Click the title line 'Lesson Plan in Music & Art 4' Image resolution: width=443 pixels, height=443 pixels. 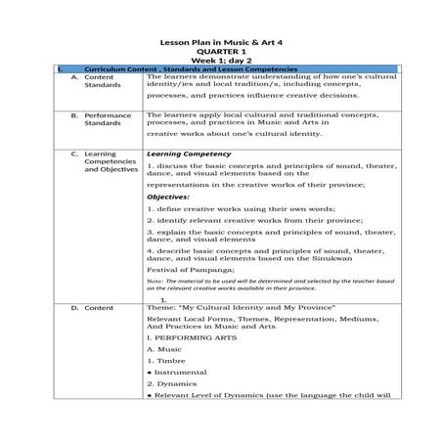click(x=221, y=42)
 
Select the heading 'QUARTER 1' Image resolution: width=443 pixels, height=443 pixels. click(x=221, y=52)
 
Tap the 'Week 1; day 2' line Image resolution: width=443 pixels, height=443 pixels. click(x=221, y=62)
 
